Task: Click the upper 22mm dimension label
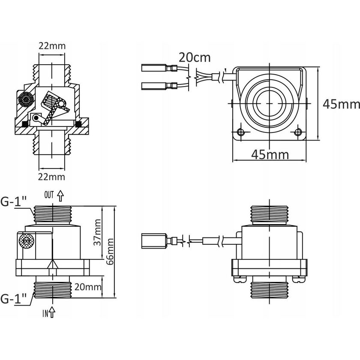pos(52,47)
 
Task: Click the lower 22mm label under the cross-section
pos(52,177)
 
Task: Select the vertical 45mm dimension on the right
pos(340,103)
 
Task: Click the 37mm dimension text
pos(98,231)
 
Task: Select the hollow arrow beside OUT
pos(60,196)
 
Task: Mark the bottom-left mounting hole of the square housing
pos(240,131)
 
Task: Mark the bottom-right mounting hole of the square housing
pos(299,131)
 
